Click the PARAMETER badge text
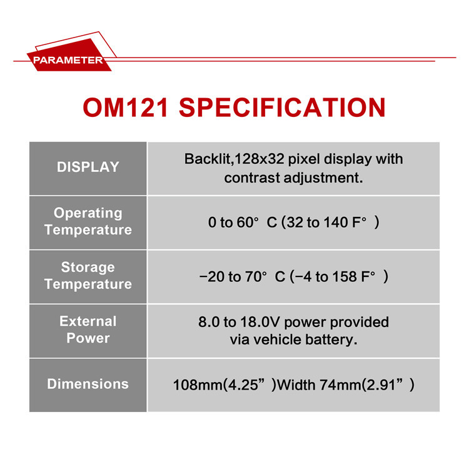coord(68,60)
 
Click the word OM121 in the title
coord(125,108)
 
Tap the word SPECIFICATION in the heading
coord(282,108)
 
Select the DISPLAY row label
coord(88,167)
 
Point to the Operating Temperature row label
coord(88,221)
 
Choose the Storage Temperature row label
coord(88,276)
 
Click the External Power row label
coord(88,330)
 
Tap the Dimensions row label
coord(88,384)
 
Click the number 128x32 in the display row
coord(260,159)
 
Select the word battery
coord(331,340)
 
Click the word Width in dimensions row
coord(296,385)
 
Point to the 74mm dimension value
coord(340,385)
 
